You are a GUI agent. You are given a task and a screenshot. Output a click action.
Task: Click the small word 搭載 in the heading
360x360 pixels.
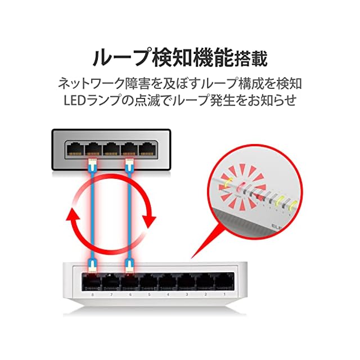click(x=252, y=58)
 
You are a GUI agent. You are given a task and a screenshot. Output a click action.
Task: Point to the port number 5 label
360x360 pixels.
click(x=149, y=294)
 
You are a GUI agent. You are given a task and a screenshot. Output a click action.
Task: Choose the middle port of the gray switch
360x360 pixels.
click(x=110, y=149)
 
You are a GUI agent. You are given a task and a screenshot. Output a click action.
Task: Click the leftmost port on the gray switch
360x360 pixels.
click(x=74, y=149)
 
